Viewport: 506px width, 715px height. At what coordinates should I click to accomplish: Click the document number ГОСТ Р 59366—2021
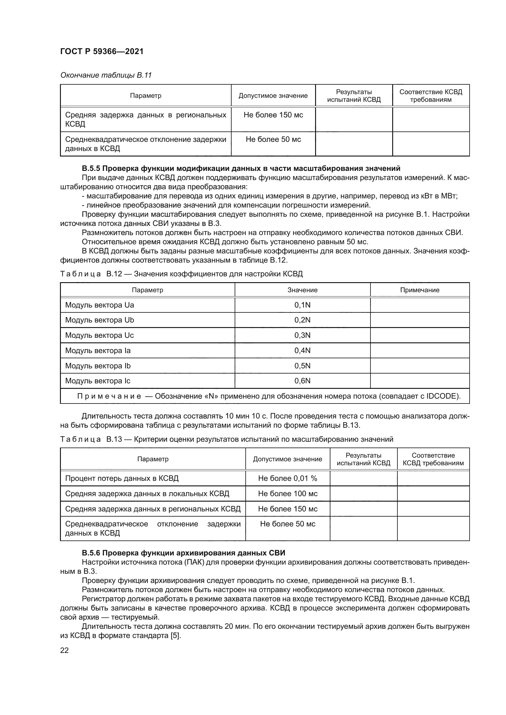102,51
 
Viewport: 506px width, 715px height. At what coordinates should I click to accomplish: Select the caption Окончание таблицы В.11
106,75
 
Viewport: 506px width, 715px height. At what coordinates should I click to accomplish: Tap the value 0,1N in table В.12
302,305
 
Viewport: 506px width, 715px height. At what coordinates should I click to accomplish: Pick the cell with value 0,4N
302,351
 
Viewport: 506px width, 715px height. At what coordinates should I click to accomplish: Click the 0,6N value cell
302,381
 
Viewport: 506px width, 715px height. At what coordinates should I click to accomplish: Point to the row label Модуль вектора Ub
99,320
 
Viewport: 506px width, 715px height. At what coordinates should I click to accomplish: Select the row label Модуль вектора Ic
98,381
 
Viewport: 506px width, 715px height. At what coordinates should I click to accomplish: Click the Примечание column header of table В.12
419,290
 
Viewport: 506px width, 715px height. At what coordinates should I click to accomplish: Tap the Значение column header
302,290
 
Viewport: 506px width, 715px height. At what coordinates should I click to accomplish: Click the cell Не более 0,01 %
287,478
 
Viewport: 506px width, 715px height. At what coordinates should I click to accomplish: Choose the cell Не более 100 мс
287,494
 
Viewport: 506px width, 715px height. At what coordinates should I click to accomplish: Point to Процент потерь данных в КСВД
121,478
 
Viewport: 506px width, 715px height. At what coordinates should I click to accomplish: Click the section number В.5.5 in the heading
91,168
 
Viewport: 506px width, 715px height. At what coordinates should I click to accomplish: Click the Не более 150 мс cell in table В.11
273,115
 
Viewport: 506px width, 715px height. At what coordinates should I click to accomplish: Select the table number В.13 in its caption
114,439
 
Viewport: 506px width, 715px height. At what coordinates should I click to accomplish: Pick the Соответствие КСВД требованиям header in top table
431,96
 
